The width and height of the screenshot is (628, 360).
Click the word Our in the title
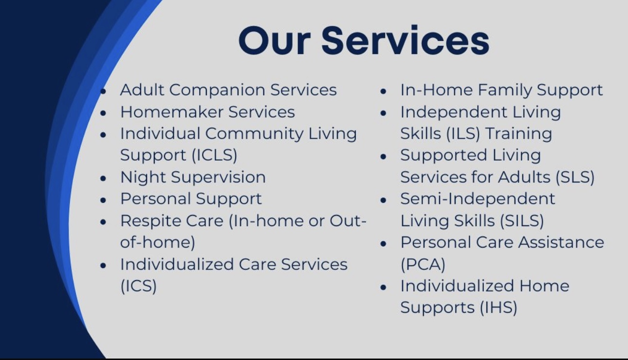(x=275, y=41)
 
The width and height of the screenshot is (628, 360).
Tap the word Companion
(x=217, y=90)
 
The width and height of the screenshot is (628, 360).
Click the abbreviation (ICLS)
(x=215, y=155)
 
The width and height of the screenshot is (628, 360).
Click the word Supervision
(x=219, y=178)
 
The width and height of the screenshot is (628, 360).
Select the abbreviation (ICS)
(x=138, y=286)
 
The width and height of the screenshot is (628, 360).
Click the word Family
(x=504, y=90)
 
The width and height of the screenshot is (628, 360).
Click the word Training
(x=518, y=133)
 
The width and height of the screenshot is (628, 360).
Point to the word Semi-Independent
(x=478, y=198)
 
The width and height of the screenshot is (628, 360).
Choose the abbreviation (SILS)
(x=522, y=221)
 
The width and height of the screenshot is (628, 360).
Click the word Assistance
(x=561, y=242)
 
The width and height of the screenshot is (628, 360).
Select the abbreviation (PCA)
(x=423, y=264)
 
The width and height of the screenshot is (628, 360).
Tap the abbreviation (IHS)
(x=499, y=307)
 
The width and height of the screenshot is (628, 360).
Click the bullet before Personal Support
(x=103, y=200)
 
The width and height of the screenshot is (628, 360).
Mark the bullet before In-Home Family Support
(x=383, y=91)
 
